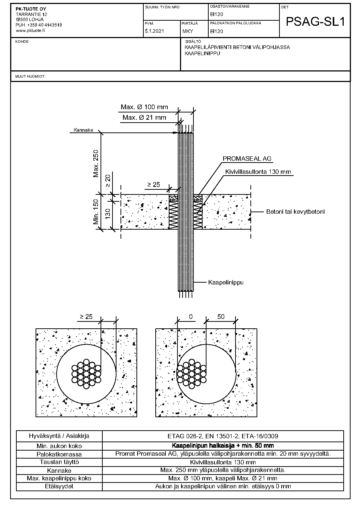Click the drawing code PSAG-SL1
(x=315, y=22)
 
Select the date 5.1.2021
(x=154, y=31)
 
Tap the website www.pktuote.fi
(x=30, y=30)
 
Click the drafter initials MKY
(x=188, y=31)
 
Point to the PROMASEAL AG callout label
(x=247, y=159)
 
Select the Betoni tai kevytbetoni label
(x=295, y=212)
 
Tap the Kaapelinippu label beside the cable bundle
(x=226, y=282)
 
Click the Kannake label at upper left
(x=83, y=130)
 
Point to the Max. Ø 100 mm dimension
(x=144, y=107)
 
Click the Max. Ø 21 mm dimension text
(x=144, y=118)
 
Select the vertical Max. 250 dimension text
(x=96, y=163)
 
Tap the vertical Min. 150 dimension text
(x=96, y=212)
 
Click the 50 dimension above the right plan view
(x=221, y=317)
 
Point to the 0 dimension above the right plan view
(x=191, y=317)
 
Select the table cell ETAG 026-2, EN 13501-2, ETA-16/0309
(x=223, y=436)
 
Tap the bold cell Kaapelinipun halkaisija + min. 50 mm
(x=223, y=446)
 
